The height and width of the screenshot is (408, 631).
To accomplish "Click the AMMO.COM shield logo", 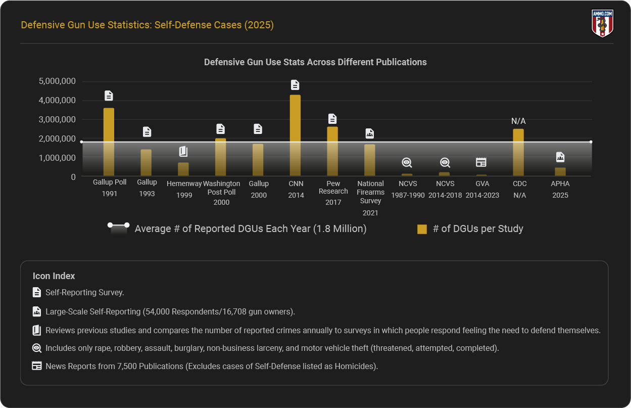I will coord(602,23).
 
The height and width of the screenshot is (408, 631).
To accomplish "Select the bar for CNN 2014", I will coord(295,135).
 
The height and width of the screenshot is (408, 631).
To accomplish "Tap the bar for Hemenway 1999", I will coord(183,169).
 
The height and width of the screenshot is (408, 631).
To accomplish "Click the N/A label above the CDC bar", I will coord(518,121).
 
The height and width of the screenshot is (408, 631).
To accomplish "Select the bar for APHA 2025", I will coord(560,171).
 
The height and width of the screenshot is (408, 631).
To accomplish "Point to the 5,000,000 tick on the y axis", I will coord(58,81).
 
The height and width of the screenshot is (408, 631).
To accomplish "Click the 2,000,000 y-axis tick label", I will coord(58,139).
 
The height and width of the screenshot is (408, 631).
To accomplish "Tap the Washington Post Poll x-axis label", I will coord(221,193).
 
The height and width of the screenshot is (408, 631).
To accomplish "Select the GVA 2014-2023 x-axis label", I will coord(482,190).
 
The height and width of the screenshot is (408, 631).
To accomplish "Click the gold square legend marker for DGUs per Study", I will coord(422,229).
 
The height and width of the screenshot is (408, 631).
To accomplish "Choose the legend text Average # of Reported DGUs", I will coord(250,229).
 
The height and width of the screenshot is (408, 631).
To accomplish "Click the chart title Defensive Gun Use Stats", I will coord(315,62).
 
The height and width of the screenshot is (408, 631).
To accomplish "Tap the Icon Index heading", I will coord(54,276).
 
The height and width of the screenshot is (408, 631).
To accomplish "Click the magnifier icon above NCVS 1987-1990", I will coord(407,162).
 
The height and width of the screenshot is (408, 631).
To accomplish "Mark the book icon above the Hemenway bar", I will coord(183,151).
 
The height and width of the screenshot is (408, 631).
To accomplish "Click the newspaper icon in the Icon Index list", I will coord(36,366).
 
